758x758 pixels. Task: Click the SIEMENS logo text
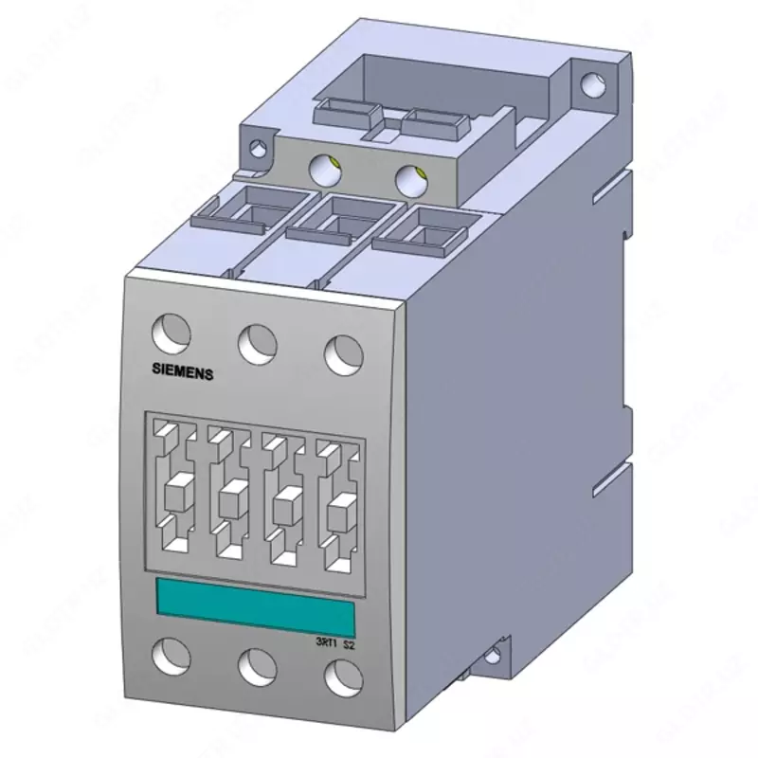[x=184, y=372]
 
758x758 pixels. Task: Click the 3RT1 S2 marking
[x=335, y=642]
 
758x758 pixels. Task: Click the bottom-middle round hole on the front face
[x=256, y=666]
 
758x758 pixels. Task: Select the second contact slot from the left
[x=229, y=496]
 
